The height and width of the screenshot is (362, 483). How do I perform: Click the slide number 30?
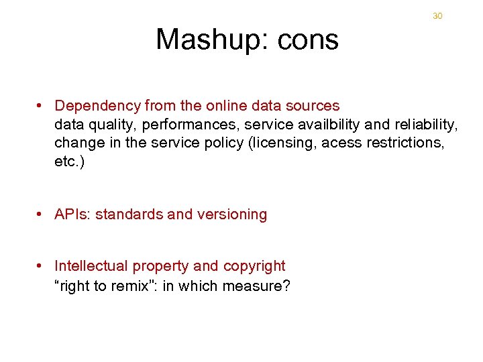click(437, 15)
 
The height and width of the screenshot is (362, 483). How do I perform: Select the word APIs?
click(72, 215)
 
